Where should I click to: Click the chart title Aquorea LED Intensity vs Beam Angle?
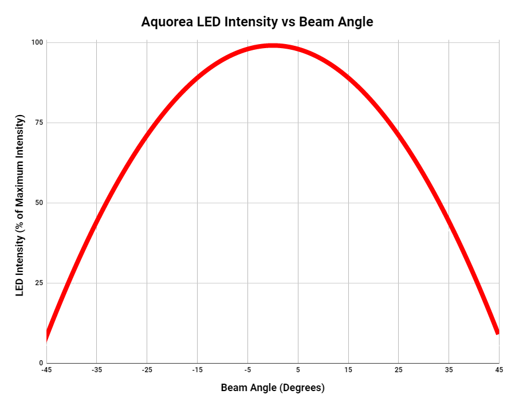[257, 22]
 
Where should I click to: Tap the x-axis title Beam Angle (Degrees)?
[273, 388]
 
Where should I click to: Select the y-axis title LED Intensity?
[20, 206]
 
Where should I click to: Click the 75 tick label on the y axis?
[40, 123]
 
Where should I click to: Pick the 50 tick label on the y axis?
[40, 203]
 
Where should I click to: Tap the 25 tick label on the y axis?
[40, 283]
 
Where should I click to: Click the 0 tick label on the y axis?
[41, 363]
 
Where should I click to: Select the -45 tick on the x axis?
[46, 370]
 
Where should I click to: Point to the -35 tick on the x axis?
[96, 370]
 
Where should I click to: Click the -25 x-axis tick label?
[147, 370]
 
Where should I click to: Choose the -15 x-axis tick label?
[197, 370]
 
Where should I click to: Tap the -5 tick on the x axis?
[247, 370]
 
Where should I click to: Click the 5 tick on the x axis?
[298, 370]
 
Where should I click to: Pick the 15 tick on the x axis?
[348, 370]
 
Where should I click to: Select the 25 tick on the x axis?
[399, 370]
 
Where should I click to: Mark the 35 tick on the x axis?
[449, 370]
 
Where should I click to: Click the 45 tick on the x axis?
[499, 370]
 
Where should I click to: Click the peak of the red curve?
[273, 45]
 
